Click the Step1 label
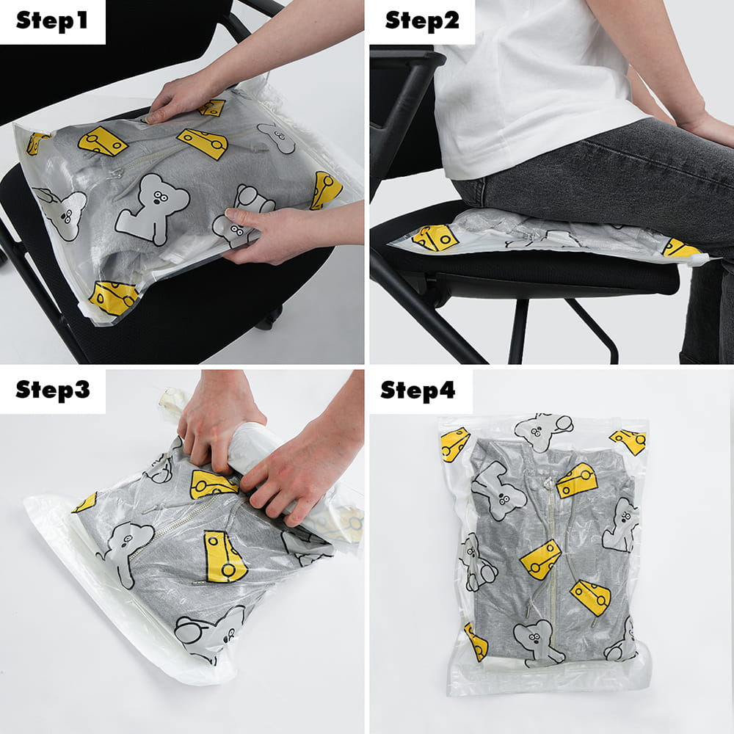[x=52, y=21]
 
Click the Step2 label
[x=422, y=21]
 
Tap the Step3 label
[x=52, y=390]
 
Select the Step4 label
[x=418, y=390]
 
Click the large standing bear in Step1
[x=152, y=208]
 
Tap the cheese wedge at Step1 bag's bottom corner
[x=113, y=298]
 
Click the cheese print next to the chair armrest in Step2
[x=435, y=238]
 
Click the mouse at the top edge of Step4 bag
[x=543, y=431]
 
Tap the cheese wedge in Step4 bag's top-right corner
[x=629, y=441]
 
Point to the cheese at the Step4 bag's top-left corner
[x=454, y=444]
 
